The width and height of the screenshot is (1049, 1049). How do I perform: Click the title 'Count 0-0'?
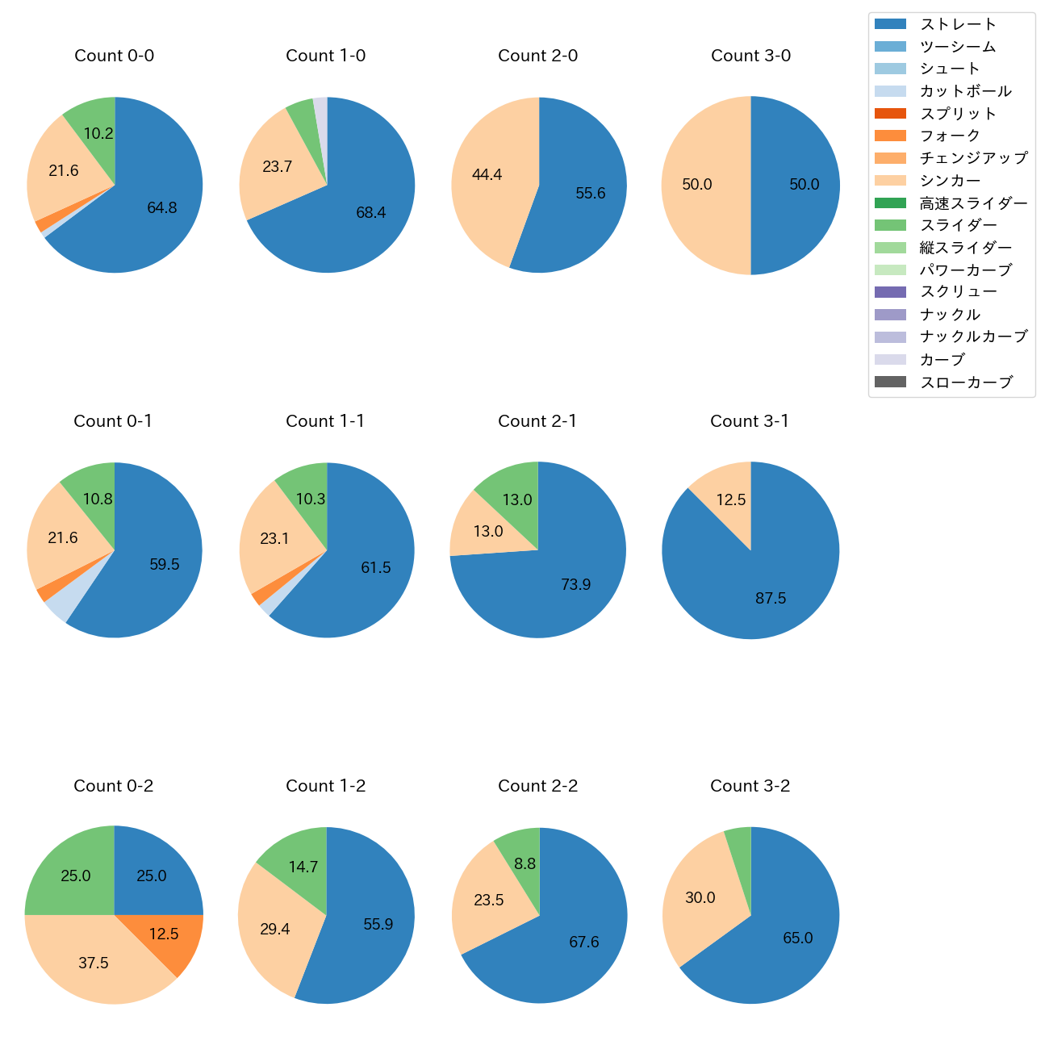coord(115,56)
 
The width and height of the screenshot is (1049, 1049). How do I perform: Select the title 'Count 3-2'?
coord(750,786)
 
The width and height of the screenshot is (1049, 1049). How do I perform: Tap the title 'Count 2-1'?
coord(537,421)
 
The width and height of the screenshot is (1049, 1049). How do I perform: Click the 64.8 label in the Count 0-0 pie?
coord(162,208)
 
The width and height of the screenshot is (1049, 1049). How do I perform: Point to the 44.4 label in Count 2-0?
coord(487,175)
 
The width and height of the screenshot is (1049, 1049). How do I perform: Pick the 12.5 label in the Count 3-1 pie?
coord(731,500)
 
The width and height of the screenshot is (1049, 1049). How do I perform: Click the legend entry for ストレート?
coord(958,24)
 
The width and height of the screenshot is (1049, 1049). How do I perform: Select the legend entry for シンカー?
coord(950,181)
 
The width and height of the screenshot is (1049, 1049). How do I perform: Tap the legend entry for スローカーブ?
coord(966,382)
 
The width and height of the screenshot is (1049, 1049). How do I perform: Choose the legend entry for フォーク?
coord(950,136)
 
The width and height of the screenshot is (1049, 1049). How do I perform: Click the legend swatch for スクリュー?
coord(890,292)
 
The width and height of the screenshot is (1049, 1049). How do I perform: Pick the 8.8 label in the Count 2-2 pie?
coord(525,864)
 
